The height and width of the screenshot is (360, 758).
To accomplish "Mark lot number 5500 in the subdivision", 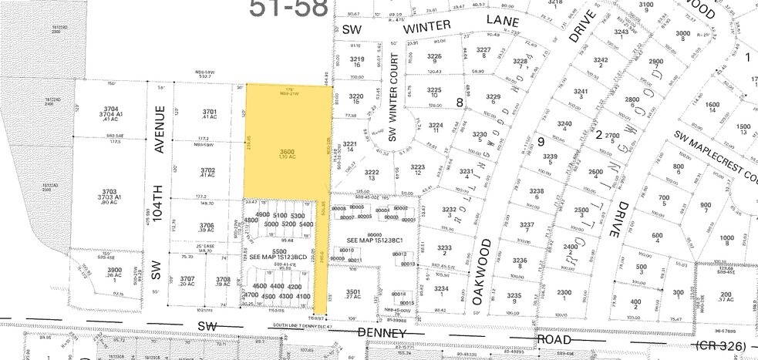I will [x=257, y=251].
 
